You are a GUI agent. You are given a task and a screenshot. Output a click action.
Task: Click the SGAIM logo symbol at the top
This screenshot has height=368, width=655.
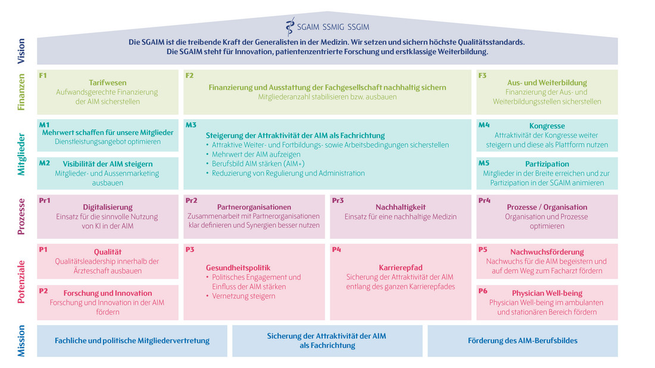click(290, 26)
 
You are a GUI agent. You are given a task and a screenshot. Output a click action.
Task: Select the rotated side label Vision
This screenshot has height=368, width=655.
click(21, 51)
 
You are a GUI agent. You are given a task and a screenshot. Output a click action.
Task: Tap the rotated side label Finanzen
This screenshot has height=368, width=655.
click(21, 92)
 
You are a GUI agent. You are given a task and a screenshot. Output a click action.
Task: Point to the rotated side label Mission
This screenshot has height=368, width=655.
click(21, 341)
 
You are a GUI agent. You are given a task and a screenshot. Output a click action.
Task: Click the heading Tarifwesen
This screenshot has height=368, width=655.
click(108, 83)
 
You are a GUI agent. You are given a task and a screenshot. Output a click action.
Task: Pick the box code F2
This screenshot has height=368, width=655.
click(190, 76)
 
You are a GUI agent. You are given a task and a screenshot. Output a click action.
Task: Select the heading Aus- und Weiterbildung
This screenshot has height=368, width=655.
click(547, 83)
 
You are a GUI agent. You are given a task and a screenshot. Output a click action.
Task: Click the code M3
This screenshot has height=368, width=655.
click(191, 125)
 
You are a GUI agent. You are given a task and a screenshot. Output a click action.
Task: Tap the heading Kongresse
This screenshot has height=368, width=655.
click(547, 126)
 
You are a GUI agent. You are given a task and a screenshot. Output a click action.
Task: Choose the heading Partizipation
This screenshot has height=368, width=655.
click(547, 164)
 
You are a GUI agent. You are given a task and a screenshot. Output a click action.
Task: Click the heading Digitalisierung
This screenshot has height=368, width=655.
click(108, 207)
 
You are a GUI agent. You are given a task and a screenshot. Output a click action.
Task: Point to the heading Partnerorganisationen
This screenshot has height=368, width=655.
click(254, 207)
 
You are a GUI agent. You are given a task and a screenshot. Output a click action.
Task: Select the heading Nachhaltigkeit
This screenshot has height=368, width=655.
click(401, 207)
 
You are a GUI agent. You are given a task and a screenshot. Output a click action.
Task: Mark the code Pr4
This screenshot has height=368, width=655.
click(485, 201)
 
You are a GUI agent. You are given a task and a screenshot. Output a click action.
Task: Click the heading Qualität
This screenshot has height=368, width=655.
click(108, 252)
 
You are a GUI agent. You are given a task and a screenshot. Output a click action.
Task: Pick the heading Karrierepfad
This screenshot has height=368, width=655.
click(401, 267)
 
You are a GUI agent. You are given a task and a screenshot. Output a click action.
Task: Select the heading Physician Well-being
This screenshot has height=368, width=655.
click(547, 293)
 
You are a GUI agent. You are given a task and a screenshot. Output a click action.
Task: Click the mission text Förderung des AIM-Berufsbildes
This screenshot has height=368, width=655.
click(522, 341)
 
